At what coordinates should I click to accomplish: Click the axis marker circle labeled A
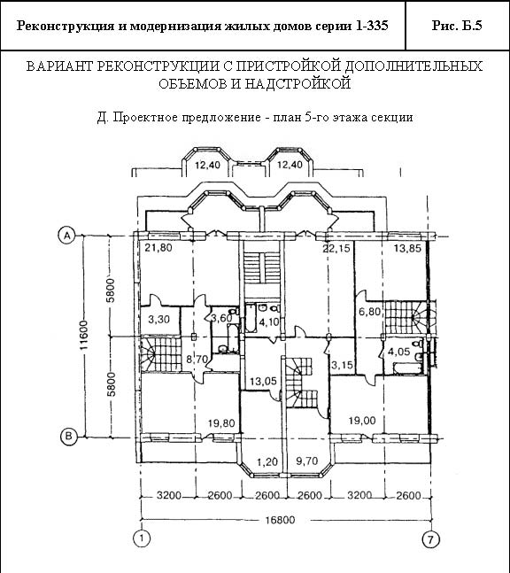pyautogui.click(x=67, y=236)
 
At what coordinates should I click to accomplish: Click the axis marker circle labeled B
pyautogui.click(x=68, y=436)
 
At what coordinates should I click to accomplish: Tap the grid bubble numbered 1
pyautogui.click(x=141, y=538)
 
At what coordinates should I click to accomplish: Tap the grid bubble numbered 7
pyautogui.click(x=431, y=539)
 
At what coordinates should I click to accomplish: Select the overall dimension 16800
pyautogui.click(x=280, y=520)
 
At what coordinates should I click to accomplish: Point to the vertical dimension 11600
pyautogui.click(x=84, y=335)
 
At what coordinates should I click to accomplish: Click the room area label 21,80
pyautogui.click(x=158, y=248)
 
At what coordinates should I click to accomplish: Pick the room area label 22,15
pyautogui.click(x=336, y=249)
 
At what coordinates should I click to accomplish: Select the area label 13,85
pyautogui.click(x=407, y=249)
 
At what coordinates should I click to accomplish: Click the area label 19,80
pyautogui.click(x=221, y=423)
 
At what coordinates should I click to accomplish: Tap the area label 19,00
pyautogui.click(x=361, y=421)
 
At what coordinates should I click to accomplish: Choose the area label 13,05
pyautogui.click(x=263, y=382)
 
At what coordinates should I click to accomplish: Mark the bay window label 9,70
pyautogui.click(x=307, y=461)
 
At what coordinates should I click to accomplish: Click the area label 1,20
pyautogui.click(x=267, y=462)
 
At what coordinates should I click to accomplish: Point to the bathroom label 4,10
pyautogui.click(x=268, y=322)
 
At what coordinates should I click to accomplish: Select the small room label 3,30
pyautogui.click(x=158, y=320)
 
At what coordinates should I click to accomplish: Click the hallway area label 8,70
pyautogui.click(x=197, y=359)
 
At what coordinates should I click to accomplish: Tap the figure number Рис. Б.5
pyautogui.click(x=457, y=26)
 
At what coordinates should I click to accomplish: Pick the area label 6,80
pyautogui.click(x=370, y=312)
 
